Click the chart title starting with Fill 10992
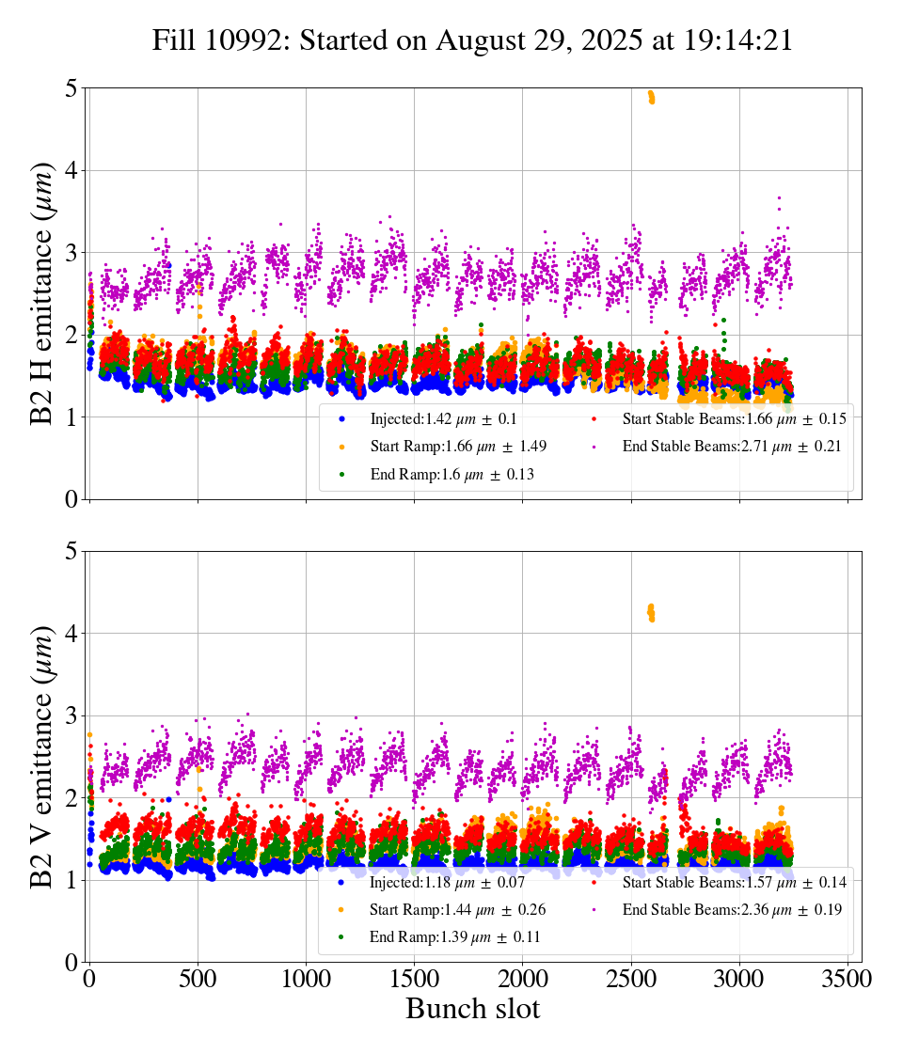(472, 39)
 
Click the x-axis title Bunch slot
(472, 1009)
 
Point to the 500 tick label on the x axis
(198, 978)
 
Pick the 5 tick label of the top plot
(71, 89)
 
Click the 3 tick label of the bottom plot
(71, 716)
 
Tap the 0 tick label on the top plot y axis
(71, 499)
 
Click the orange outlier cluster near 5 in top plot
(651, 97)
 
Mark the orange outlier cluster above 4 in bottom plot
(650, 613)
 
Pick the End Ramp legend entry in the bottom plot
(447, 938)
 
